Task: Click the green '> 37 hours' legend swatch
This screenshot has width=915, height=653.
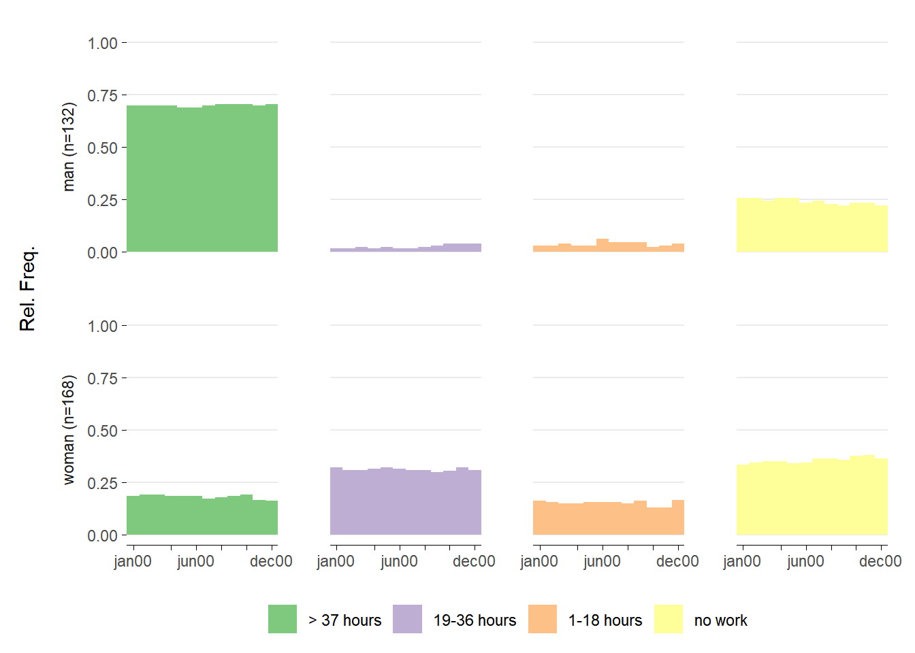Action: [283, 619]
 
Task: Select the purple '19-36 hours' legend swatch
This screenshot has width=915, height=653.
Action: [407, 619]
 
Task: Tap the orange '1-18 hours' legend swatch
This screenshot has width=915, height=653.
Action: [543, 619]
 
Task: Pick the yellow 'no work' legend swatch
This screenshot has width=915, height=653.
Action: [669, 619]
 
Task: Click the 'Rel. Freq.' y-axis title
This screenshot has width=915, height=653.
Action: [27, 288]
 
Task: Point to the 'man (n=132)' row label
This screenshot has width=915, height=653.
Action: [68, 147]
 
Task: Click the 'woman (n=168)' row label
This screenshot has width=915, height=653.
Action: [68, 430]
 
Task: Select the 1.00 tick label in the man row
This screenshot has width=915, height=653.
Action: [103, 44]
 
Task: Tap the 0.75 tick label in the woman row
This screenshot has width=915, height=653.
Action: [103, 379]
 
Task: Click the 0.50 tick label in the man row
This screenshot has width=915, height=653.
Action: [103, 148]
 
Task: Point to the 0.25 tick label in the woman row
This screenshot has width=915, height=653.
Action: [103, 484]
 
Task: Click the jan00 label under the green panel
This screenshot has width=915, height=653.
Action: [133, 562]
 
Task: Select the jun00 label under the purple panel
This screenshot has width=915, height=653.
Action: [399, 562]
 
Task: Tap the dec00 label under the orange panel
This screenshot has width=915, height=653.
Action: [677, 562]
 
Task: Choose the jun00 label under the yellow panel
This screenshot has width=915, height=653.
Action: [805, 562]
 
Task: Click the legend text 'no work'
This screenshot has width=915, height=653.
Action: [720, 620]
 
